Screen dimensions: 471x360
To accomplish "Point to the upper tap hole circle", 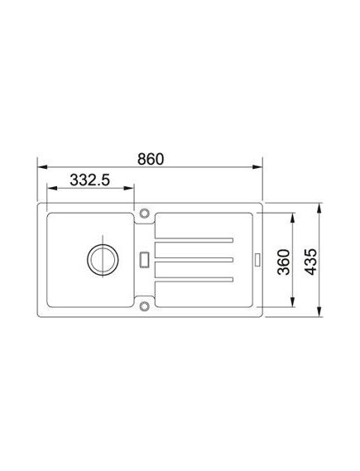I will (144, 212).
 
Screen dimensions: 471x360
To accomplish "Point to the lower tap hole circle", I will (144, 307).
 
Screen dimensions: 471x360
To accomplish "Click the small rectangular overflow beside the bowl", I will (146, 258).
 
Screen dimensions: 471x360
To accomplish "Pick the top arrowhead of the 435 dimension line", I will (319, 204).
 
